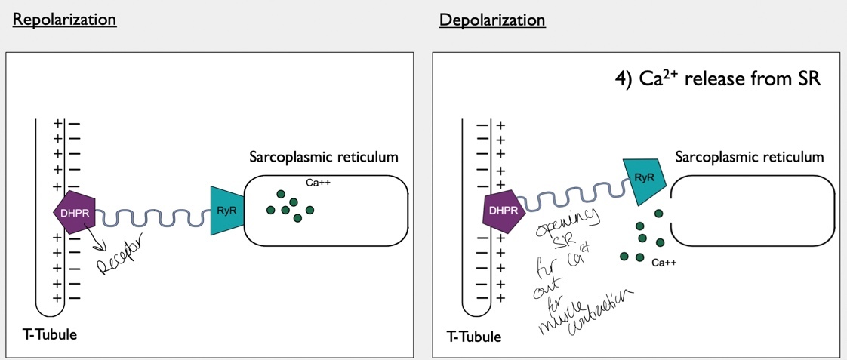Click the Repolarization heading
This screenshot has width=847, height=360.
click(64, 20)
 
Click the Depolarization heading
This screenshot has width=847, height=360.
click(492, 20)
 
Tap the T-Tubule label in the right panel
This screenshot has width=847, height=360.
click(474, 336)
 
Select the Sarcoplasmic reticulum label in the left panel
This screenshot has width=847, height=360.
click(323, 158)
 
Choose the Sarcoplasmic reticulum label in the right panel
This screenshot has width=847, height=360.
click(749, 157)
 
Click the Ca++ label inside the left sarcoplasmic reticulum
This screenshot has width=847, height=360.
click(319, 183)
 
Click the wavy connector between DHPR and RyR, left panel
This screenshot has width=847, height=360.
click(154, 219)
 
